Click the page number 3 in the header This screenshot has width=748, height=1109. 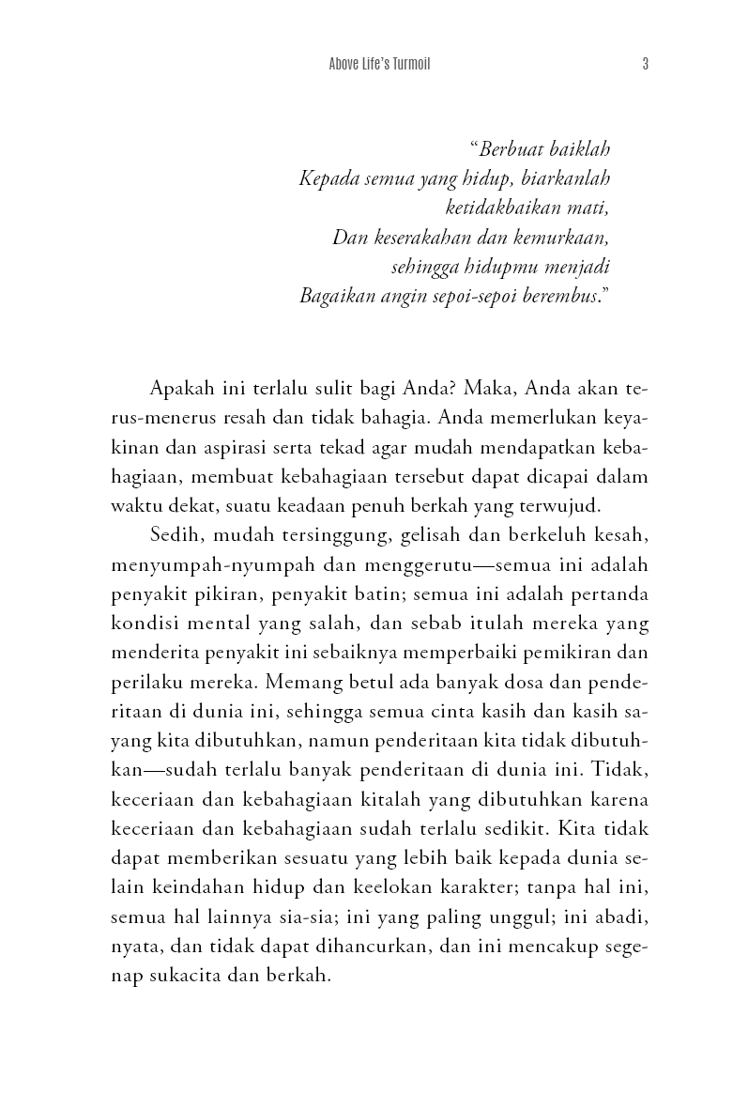pos(646,65)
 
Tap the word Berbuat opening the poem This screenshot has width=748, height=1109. pos(512,149)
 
